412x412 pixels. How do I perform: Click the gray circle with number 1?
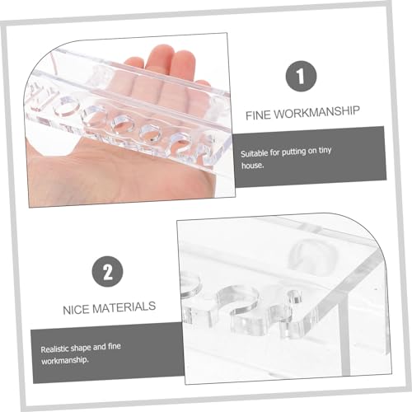coord(301,76)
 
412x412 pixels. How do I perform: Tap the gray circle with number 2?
coord(107,272)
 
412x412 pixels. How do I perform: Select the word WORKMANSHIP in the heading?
coord(317,112)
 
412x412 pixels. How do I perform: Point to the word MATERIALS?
coord(124,307)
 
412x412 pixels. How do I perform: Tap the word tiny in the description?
coord(325,151)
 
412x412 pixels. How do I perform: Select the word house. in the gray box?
coord(252,166)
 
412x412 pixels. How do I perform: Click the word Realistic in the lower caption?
coord(54,349)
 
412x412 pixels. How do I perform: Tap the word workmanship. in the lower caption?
coord(65,360)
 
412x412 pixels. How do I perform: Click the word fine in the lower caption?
coord(114,346)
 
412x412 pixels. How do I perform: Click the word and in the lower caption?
coord(99,347)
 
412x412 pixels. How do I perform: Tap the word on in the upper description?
coord(311,152)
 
